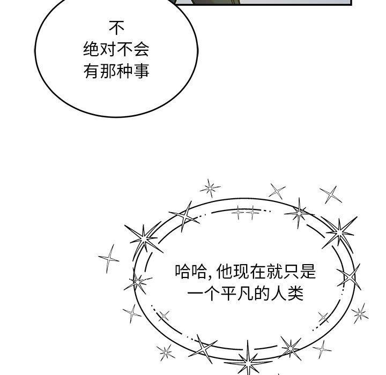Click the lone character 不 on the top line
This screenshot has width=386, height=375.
tap(116, 28)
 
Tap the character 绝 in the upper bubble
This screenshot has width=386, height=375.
tap(91, 49)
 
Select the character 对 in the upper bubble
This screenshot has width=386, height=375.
tap(108, 49)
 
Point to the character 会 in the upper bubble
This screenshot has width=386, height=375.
tap(142, 49)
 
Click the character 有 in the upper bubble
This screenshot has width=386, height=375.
tap(91, 71)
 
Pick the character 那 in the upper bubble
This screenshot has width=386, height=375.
tap(108, 71)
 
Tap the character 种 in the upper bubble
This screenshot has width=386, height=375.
tap(125, 71)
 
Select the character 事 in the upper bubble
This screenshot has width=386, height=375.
tap(142, 71)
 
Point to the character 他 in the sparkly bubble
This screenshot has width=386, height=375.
tap(224, 272)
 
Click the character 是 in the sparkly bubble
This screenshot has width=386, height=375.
tap(308, 272)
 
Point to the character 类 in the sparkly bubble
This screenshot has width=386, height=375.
tap(295, 293)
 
